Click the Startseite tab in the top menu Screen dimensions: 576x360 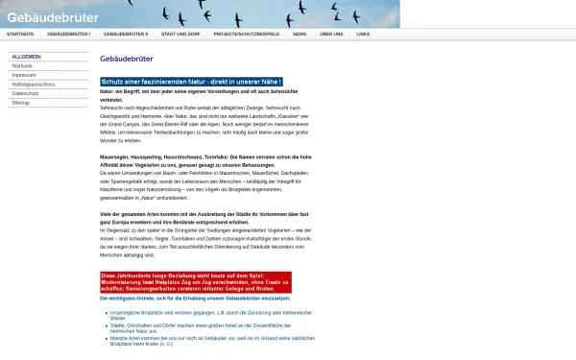(x=20, y=34)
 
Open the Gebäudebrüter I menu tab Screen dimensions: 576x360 (x=68, y=34)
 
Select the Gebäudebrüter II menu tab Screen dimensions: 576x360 (x=126, y=34)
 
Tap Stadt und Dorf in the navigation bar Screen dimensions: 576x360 (x=180, y=34)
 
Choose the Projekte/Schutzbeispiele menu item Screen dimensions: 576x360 (x=247, y=34)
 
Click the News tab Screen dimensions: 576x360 (x=300, y=34)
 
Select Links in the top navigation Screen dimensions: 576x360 (x=362, y=34)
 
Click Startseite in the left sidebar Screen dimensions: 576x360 (x=22, y=65)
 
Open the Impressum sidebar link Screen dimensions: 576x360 (x=24, y=74)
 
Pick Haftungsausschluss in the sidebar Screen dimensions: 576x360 (x=33, y=83)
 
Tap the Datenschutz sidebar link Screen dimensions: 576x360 (x=25, y=91)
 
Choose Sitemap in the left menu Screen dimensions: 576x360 (x=21, y=100)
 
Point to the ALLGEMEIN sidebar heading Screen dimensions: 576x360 (x=26, y=57)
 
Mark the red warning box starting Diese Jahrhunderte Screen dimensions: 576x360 (x=195, y=282)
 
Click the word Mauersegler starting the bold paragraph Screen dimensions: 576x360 (x=114, y=156)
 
